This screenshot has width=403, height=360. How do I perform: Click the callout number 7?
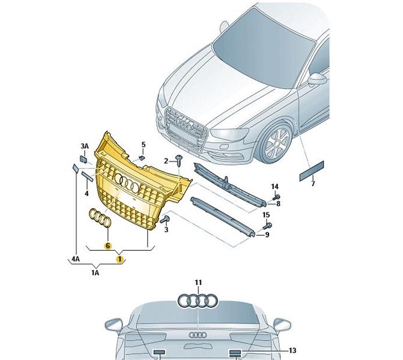(312, 183)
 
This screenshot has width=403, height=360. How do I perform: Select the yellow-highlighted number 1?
(120, 259)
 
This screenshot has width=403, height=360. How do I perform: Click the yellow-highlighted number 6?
(108, 245)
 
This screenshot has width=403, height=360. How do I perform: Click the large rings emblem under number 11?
(198, 301)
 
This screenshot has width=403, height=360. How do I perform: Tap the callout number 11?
(198, 282)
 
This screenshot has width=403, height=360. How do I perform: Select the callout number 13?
(292, 350)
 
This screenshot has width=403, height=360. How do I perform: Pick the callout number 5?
(144, 145)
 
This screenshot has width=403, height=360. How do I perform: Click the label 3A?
(85, 146)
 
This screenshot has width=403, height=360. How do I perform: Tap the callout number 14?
(274, 186)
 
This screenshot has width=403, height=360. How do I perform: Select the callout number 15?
(266, 215)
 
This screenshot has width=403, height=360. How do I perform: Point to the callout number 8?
(278, 204)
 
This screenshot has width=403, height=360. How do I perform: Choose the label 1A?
(95, 272)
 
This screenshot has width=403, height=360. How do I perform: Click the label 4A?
(76, 259)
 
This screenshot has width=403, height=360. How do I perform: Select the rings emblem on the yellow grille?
(127, 181)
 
